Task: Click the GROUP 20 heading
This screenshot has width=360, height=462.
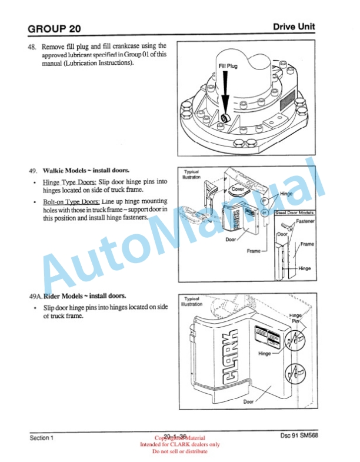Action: [x=54, y=28]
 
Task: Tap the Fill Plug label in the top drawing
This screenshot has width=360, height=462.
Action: [x=228, y=67]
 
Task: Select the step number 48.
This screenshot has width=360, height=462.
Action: [x=33, y=46]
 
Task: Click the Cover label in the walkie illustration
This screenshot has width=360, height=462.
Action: [x=238, y=190]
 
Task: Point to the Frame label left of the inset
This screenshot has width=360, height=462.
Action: [x=254, y=251]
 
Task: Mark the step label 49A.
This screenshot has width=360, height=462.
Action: [x=35, y=296]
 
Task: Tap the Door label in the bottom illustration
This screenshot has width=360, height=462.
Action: [x=249, y=402]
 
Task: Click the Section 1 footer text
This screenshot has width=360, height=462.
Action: [x=42, y=438]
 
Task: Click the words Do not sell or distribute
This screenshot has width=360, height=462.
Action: [x=180, y=451]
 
